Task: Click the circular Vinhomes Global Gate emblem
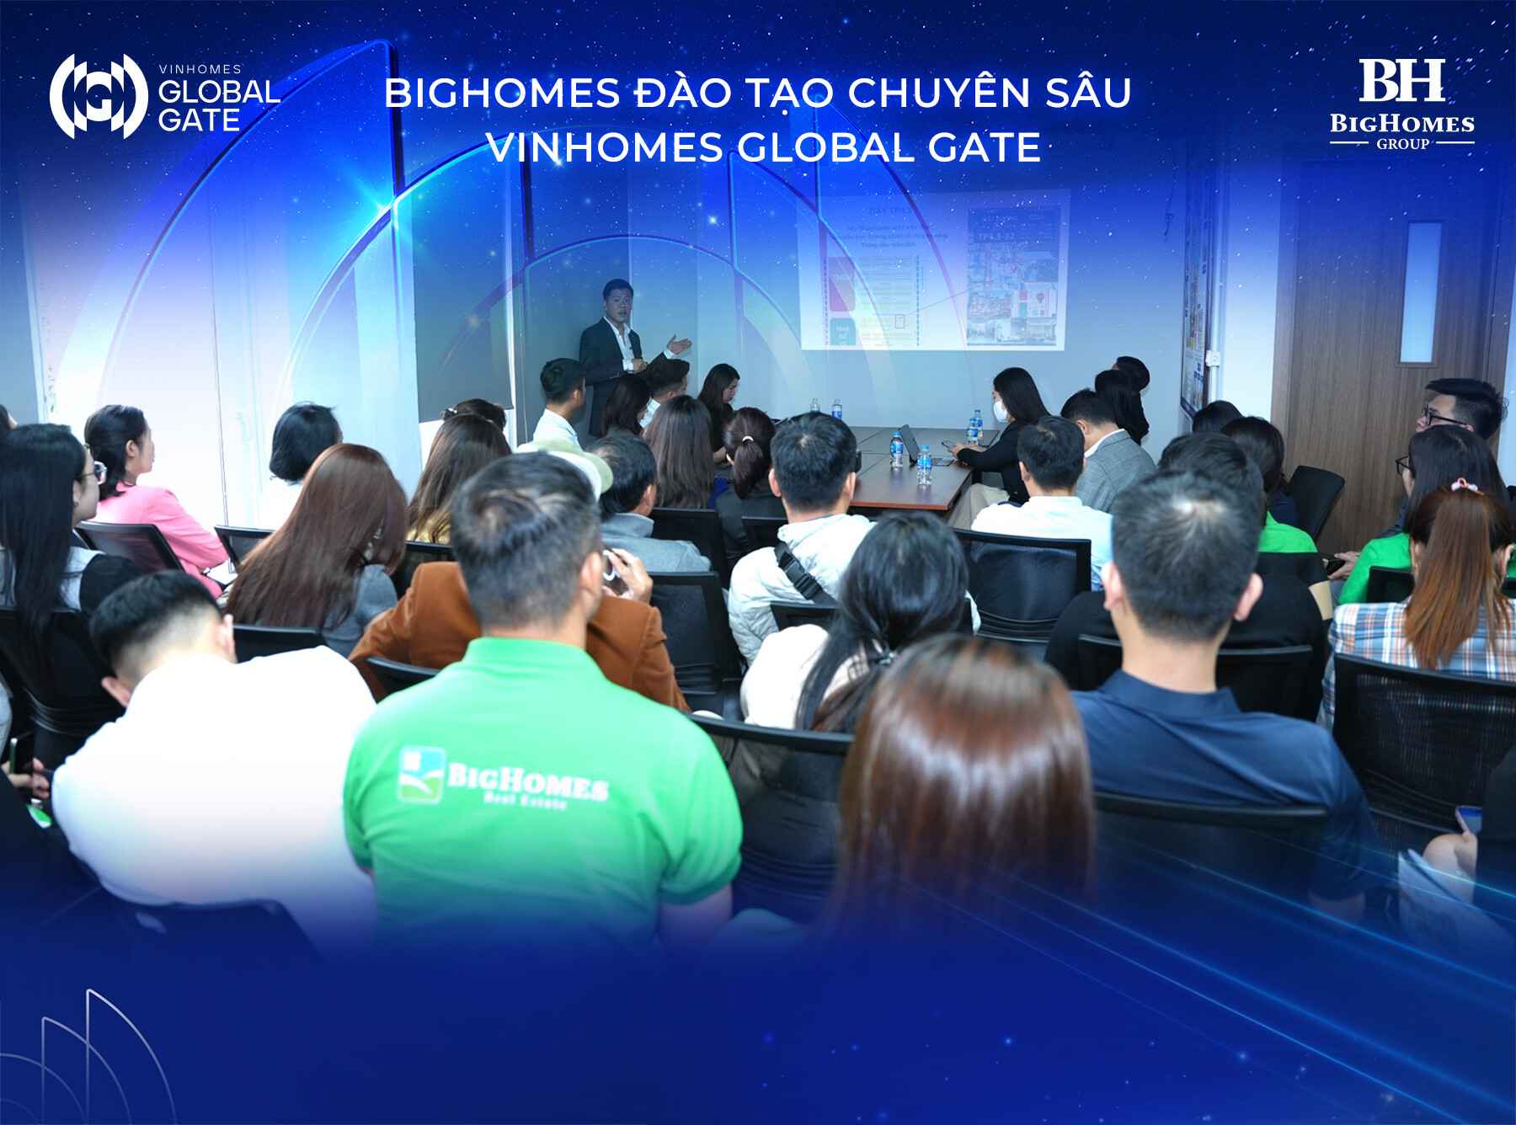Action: (x=99, y=96)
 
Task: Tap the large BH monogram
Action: (x=1401, y=81)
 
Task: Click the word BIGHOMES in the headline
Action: (x=502, y=93)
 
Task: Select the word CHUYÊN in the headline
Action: (x=938, y=93)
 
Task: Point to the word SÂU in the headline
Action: (x=1088, y=93)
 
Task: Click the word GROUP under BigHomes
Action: (x=1402, y=144)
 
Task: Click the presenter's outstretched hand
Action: (x=679, y=344)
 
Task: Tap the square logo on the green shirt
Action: (x=420, y=774)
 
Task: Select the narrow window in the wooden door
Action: (x=1421, y=292)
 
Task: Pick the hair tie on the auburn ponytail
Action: (x=1464, y=485)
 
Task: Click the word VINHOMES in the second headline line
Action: (x=604, y=148)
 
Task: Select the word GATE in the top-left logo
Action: (x=200, y=120)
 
